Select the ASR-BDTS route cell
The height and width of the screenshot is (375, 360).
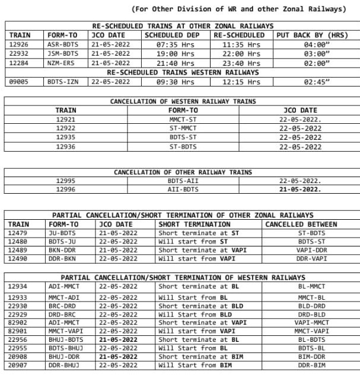[x=62, y=44]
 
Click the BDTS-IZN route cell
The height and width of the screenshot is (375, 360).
[x=62, y=82]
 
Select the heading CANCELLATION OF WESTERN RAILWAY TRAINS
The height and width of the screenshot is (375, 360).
[x=183, y=101]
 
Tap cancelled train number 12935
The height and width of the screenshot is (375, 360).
[x=65, y=137]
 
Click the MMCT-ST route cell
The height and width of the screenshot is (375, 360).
[x=183, y=119]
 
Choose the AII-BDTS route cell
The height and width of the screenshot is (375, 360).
[x=183, y=190]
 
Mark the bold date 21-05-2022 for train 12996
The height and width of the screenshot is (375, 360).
[x=300, y=190]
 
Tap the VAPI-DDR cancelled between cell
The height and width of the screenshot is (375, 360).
[x=311, y=250]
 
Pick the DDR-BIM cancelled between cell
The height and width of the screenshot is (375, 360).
[x=311, y=366]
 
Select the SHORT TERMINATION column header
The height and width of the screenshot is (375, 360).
[x=195, y=225]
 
